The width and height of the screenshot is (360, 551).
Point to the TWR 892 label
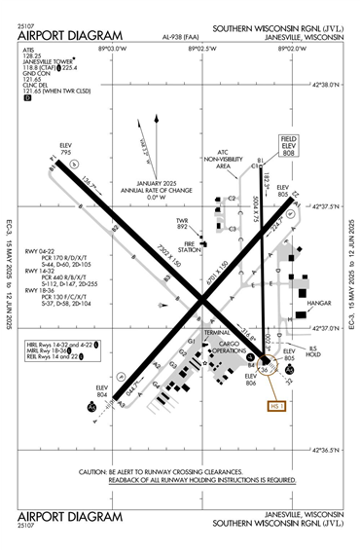(182, 221)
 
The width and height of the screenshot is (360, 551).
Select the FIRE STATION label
(190, 245)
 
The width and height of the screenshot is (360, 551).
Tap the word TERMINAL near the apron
(216, 332)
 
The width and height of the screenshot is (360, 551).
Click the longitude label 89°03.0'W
(113, 47)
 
